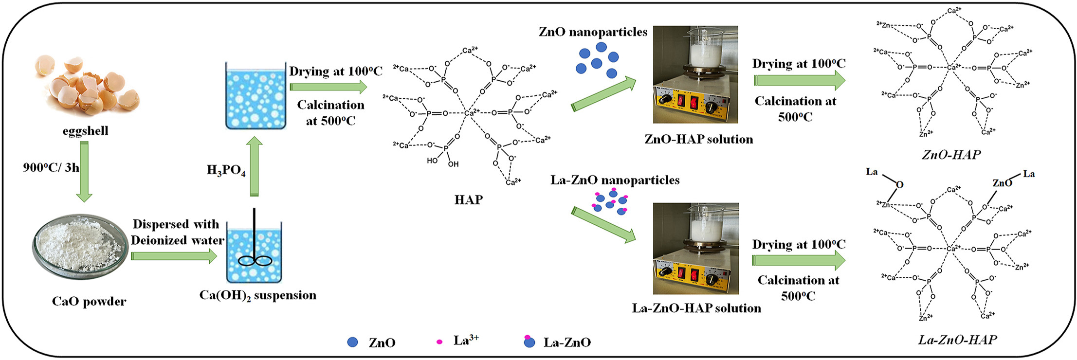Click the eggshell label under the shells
pos(86,131)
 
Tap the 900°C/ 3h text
pos(51,168)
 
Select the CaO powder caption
pos(89,302)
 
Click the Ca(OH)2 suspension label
pos(258,296)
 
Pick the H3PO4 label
pos(226,170)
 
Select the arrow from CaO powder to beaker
pos(174,256)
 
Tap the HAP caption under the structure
pos(468,200)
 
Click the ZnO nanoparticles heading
pos(593,33)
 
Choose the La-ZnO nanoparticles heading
pos(615,180)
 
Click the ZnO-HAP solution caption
pos(698,140)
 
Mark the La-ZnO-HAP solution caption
pos(696,308)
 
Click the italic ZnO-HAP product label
pos(951,155)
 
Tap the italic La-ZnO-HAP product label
pos(957,340)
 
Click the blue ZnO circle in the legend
pos(353,342)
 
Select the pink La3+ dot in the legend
pos(439,342)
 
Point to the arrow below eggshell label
pos(84,171)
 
